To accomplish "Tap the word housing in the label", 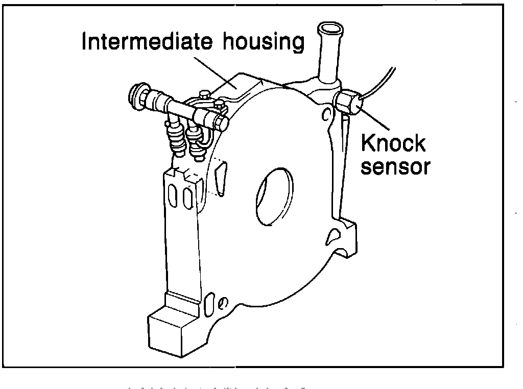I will click(x=264, y=43).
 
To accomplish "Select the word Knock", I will click(x=393, y=143).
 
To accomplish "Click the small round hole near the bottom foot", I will click(x=221, y=304).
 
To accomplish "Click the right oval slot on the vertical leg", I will click(x=188, y=197).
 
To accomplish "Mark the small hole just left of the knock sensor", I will click(x=325, y=115).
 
